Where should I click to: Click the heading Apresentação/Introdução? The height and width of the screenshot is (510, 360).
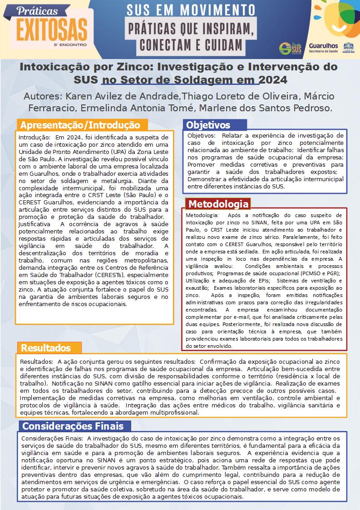81,125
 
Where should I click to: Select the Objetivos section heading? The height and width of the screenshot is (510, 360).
208,125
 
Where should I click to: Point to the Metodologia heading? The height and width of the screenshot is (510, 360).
218,204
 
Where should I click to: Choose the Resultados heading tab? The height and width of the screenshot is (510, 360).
46,348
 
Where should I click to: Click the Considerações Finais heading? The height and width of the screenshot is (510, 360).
73,426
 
